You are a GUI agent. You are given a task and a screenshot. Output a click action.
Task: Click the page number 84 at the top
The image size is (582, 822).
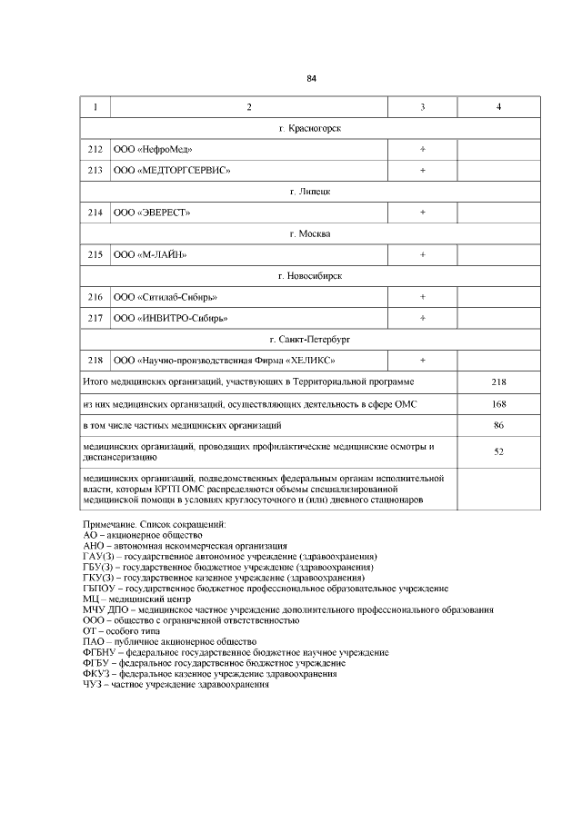[311, 78]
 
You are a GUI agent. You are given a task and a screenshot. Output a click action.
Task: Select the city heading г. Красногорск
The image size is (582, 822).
[310, 129]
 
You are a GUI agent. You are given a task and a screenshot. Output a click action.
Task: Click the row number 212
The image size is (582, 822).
[95, 149]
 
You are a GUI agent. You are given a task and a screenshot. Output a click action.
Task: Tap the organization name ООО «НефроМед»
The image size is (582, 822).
[153, 149]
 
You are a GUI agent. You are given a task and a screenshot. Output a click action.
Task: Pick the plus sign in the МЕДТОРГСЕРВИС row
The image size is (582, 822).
[423, 170]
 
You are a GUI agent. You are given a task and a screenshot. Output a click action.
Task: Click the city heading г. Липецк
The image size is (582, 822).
[310, 192]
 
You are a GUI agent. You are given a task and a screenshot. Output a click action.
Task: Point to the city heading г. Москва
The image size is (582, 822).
[310, 233]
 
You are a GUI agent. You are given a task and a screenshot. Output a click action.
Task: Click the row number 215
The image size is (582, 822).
[95, 254]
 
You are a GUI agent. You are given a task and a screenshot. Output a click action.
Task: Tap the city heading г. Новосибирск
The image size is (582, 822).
[310, 275]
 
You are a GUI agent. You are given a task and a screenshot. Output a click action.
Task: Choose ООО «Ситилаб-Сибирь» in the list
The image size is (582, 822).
[166, 297]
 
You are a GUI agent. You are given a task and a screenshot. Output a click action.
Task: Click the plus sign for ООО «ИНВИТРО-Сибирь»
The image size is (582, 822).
[423, 318]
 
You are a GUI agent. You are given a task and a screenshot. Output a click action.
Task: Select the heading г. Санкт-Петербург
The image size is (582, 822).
[310, 339]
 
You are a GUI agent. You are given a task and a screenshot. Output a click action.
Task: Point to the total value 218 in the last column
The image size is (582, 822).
[498, 382]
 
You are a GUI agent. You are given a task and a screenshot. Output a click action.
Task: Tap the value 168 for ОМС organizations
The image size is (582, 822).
[498, 403]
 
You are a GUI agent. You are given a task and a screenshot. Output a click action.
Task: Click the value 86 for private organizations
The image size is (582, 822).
[498, 424]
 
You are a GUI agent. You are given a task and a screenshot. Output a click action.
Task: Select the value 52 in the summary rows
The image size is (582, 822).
[498, 451]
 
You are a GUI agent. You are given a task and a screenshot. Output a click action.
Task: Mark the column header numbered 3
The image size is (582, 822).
[423, 108]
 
